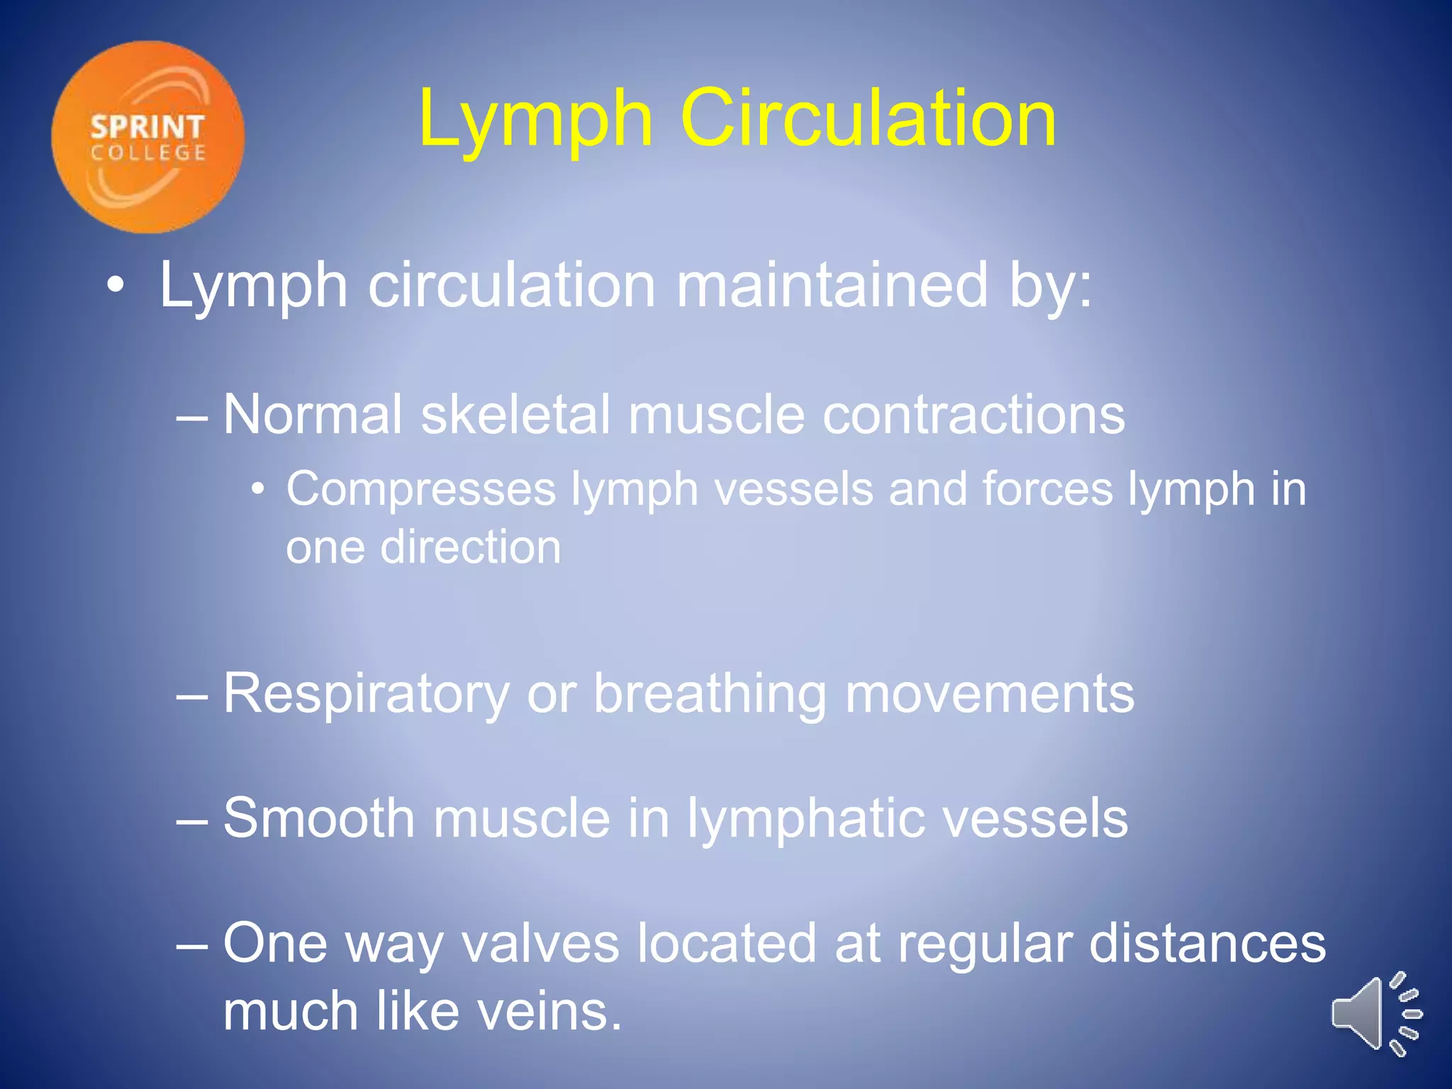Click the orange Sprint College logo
pyautogui.click(x=147, y=137)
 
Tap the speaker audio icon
pyautogui.click(x=1375, y=1014)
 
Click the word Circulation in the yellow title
pyautogui.click(x=868, y=118)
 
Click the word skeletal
pyautogui.click(x=515, y=414)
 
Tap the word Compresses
pyautogui.click(x=421, y=489)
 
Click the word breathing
pyautogui.click(x=710, y=694)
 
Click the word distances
pyautogui.click(x=1207, y=944)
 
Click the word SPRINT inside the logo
pyautogui.click(x=147, y=128)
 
